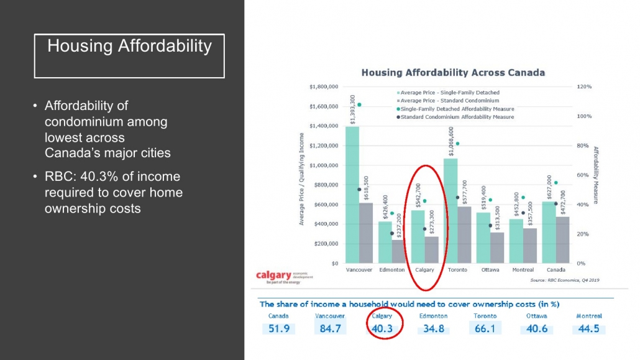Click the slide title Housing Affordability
[x=129, y=46]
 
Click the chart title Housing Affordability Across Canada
[x=453, y=73]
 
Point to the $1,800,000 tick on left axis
[x=323, y=87]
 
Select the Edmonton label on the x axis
[x=392, y=270]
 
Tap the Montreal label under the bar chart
[x=523, y=270]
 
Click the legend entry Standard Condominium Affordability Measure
[x=457, y=117]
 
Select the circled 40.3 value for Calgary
[x=382, y=328]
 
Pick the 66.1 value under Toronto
[x=484, y=328]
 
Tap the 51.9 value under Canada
[x=278, y=328]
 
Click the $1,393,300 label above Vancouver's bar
[x=353, y=109]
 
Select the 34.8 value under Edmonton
[x=432, y=328]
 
